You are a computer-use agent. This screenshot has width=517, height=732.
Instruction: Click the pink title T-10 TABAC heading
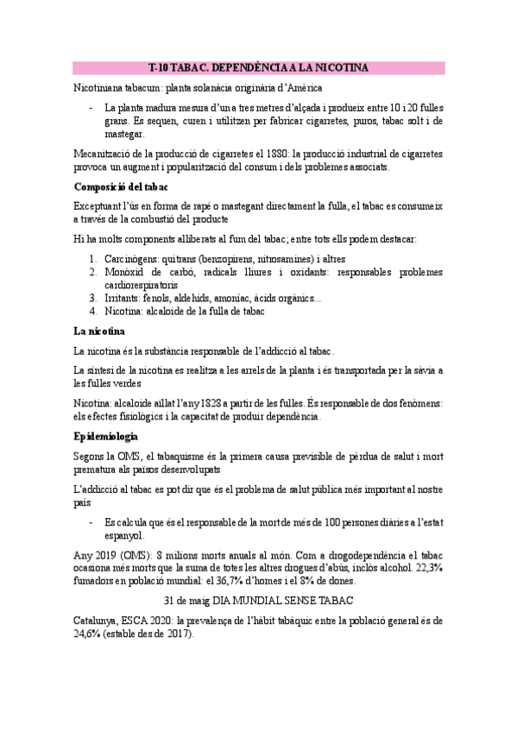click(x=258, y=67)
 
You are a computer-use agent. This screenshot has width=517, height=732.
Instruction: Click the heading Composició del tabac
click(x=121, y=186)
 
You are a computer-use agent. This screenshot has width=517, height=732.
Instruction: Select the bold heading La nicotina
click(x=99, y=331)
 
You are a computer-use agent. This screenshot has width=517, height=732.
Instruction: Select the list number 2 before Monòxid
click(x=94, y=271)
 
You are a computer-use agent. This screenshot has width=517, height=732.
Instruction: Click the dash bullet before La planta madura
click(x=91, y=108)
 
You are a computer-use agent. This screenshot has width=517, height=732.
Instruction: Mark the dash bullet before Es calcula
click(x=91, y=522)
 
